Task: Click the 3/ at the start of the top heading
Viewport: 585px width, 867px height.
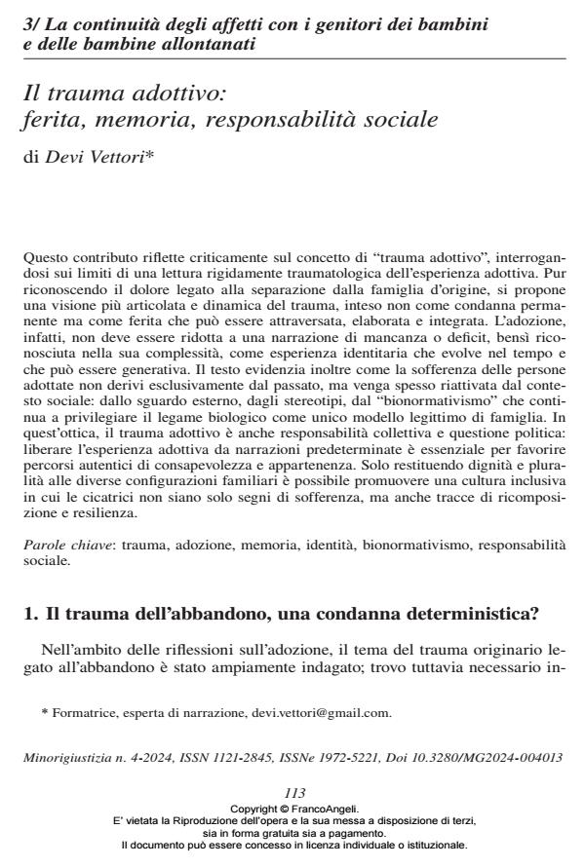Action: pos(30,21)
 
